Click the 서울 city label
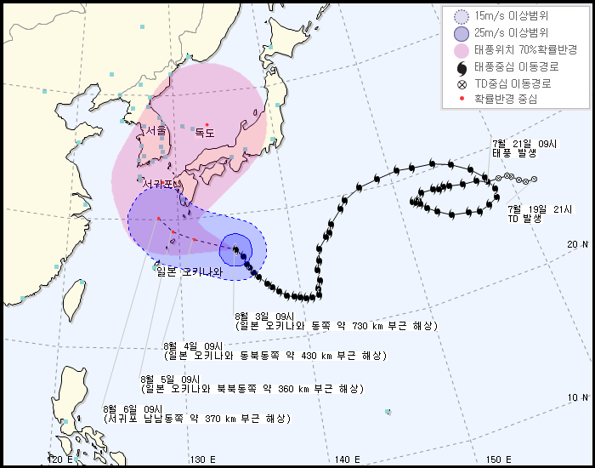coord(156,131)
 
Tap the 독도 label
coord(205,133)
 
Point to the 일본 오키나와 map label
coord(188,272)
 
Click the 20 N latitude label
coord(578,244)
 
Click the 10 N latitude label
coord(578,397)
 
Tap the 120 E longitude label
coord(59,459)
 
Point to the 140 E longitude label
coord(348,459)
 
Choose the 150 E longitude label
coord(498,459)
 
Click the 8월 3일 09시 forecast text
coord(335,321)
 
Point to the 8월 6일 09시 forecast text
coord(195,414)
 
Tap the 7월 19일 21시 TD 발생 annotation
coord(539,214)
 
